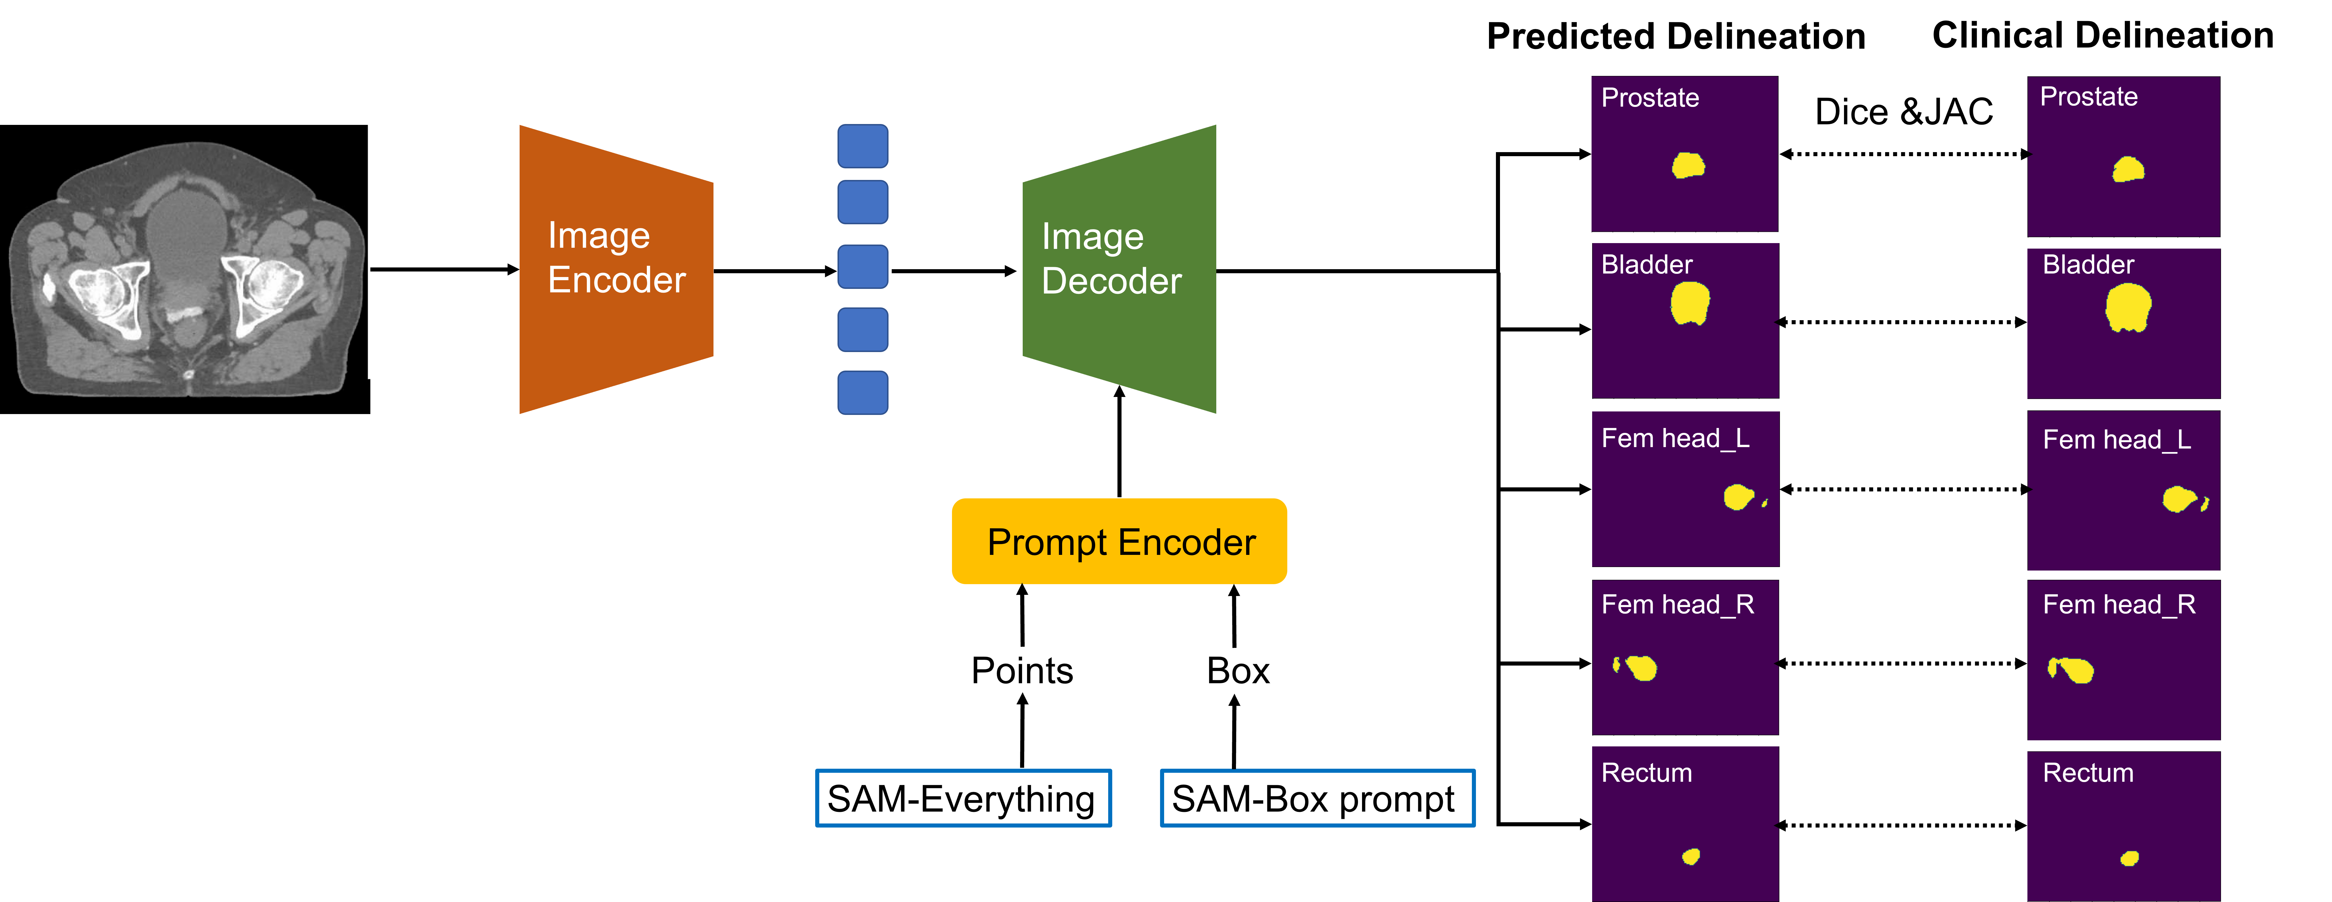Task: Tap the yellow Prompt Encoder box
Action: coord(1119,541)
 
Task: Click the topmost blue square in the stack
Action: coord(862,146)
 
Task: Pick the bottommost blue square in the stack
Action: coord(862,393)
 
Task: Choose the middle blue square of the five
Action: coord(862,266)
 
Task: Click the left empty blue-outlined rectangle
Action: coord(963,797)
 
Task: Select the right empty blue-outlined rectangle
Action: coord(1317,797)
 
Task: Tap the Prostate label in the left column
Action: coord(1650,98)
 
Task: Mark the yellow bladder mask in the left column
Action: coord(1689,303)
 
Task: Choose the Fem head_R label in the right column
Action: coord(2118,604)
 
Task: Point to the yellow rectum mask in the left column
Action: coord(1690,856)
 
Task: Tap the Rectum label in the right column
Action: coord(2088,773)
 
